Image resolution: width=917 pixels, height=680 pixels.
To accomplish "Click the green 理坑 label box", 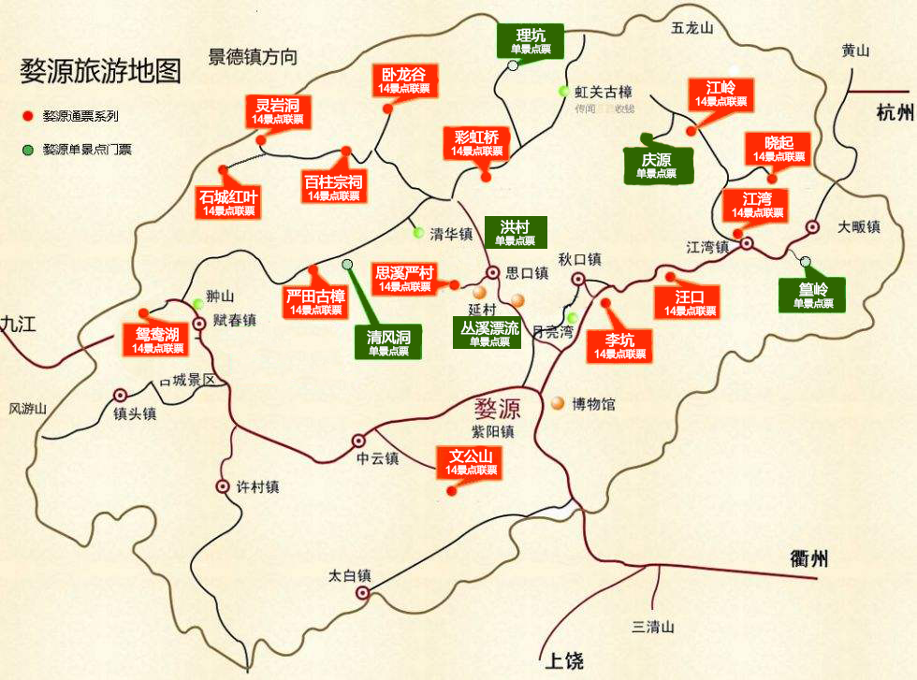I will click(531, 42).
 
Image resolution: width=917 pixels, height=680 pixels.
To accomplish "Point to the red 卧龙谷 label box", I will click(404, 80).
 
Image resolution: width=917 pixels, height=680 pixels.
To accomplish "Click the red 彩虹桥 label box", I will click(477, 143).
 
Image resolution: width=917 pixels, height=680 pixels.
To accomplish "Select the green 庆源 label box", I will click(658, 166).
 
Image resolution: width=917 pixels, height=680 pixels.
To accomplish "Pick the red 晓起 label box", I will click(779, 149).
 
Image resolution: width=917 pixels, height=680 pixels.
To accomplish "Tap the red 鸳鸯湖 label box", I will click(157, 340).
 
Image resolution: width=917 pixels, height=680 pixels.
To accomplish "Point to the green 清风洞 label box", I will click(388, 342).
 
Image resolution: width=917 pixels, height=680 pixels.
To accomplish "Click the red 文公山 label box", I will click(472, 462).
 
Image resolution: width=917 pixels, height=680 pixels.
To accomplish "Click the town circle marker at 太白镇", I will click(363, 592).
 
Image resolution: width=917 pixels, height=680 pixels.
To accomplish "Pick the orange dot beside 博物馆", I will click(558, 403).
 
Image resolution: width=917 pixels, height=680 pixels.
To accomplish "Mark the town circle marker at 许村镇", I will click(223, 486).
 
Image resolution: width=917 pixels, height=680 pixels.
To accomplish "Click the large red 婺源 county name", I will click(497, 409).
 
